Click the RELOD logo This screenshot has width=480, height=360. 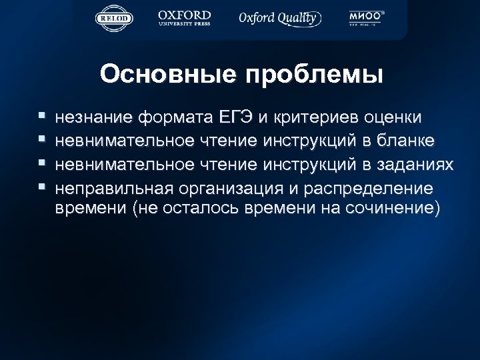114,18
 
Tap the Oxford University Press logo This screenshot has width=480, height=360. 185,18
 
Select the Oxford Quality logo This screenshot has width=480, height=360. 281,18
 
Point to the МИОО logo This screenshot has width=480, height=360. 367,18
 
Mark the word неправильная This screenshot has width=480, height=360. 110,187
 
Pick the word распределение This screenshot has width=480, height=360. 371,187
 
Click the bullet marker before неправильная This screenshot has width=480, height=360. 43,185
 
